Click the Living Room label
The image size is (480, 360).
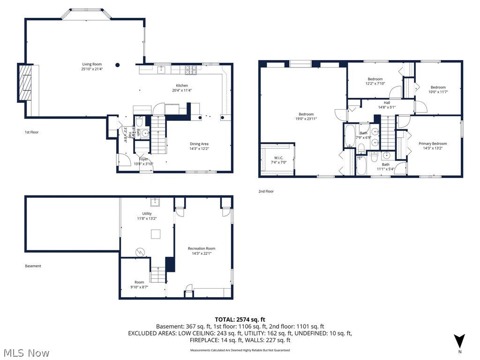point(92,64)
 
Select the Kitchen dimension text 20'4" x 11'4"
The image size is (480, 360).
point(182,90)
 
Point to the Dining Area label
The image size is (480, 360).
point(199,144)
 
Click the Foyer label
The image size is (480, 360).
point(143,159)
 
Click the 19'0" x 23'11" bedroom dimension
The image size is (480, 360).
point(306,119)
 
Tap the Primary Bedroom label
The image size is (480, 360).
point(433,143)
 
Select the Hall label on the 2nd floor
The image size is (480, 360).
point(387,103)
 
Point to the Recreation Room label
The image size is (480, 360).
point(202,248)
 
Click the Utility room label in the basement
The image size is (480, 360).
point(147,213)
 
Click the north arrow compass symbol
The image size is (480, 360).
point(459,341)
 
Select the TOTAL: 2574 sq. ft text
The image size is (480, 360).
point(240,319)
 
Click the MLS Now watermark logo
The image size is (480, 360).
point(26,352)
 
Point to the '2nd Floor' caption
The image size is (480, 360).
point(266,191)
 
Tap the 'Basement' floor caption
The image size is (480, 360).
point(33,266)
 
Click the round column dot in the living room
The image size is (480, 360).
point(118,65)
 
